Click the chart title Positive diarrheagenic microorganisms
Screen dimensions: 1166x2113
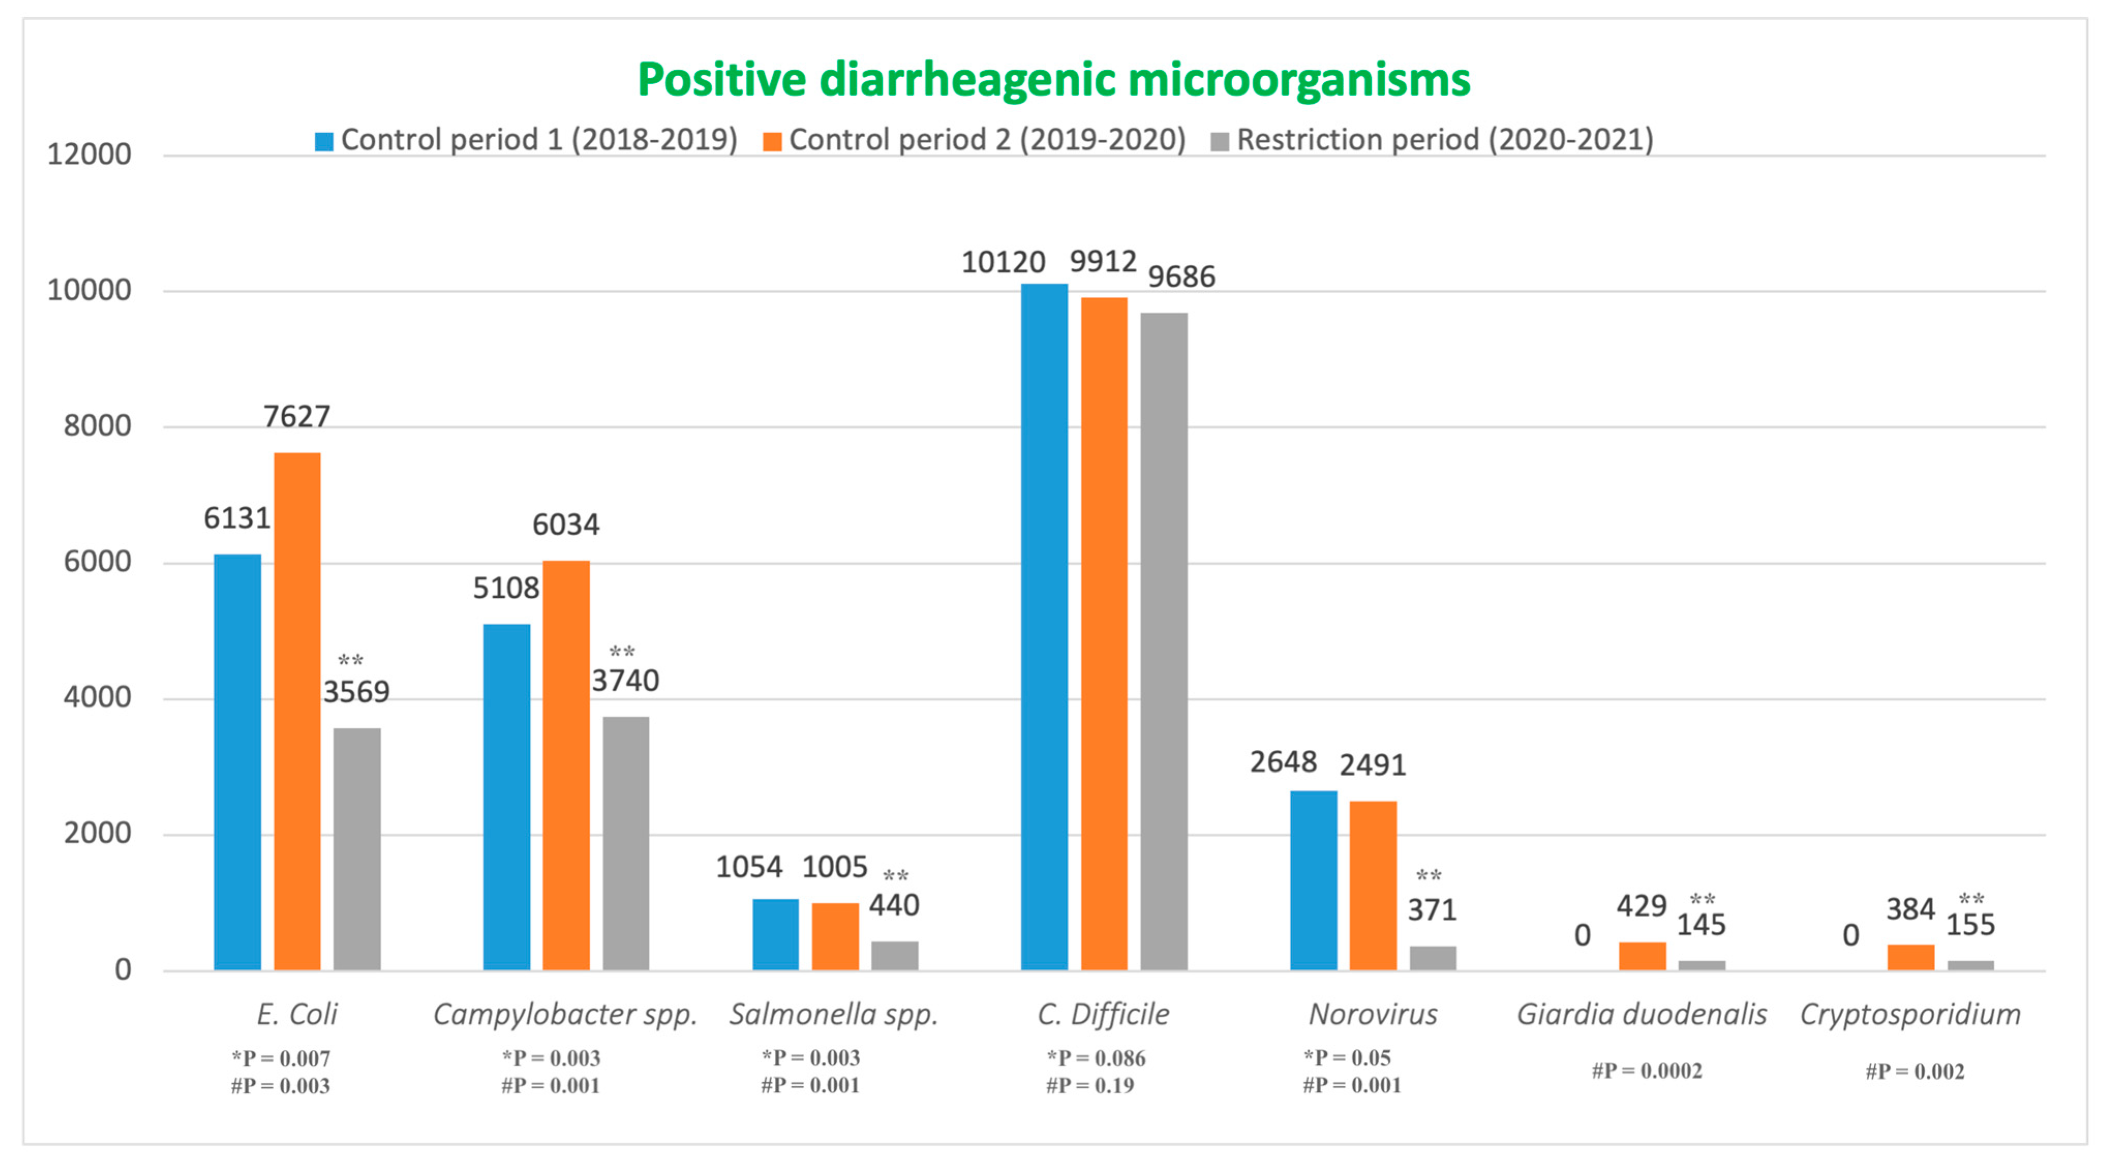[x=1054, y=80]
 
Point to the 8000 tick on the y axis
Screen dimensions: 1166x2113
[x=97, y=426]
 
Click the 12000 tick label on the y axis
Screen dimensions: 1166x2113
[x=88, y=154]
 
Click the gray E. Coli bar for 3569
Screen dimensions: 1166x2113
[x=357, y=849]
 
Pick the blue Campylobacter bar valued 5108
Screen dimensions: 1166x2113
[x=506, y=797]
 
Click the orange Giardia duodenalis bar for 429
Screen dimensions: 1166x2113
[x=1642, y=956]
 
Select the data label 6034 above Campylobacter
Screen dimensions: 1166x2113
[x=566, y=524]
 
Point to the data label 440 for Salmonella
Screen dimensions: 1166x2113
[x=894, y=905]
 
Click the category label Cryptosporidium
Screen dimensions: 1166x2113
[x=1909, y=1014]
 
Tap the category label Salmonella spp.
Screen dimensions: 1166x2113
[x=833, y=1014]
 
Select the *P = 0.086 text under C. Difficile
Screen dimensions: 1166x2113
[x=1096, y=1058]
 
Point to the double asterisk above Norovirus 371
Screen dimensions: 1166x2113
[x=1428, y=875]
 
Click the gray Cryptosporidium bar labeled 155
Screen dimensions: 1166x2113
[x=1970, y=965]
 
